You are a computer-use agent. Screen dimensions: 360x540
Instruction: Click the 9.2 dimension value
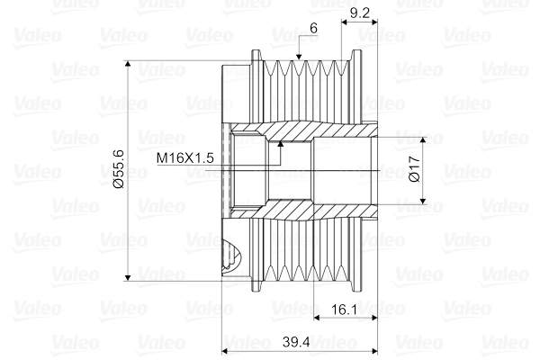click(357, 13)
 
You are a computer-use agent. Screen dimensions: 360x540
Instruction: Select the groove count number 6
click(312, 29)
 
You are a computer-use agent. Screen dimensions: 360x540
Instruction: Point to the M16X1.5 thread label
click(184, 157)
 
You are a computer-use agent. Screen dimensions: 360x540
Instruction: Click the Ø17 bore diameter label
click(412, 170)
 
